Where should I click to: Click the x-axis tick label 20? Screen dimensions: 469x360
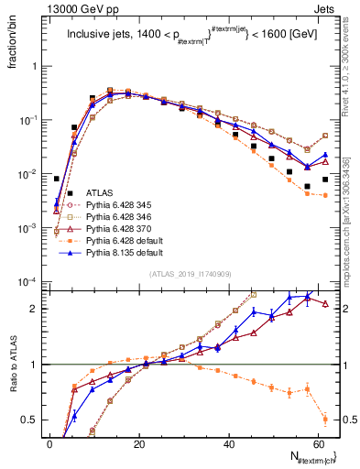pyautogui.click(x=139, y=443)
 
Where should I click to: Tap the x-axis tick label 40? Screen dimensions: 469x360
pyautogui.click(x=228, y=443)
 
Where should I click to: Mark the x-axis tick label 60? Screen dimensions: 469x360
pyautogui.click(x=317, y=443)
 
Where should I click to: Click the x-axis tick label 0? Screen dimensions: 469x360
pyautogui.click(x=50, y=443)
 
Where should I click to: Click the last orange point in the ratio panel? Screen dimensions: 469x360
pyautogui.click(x=325, y=420)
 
